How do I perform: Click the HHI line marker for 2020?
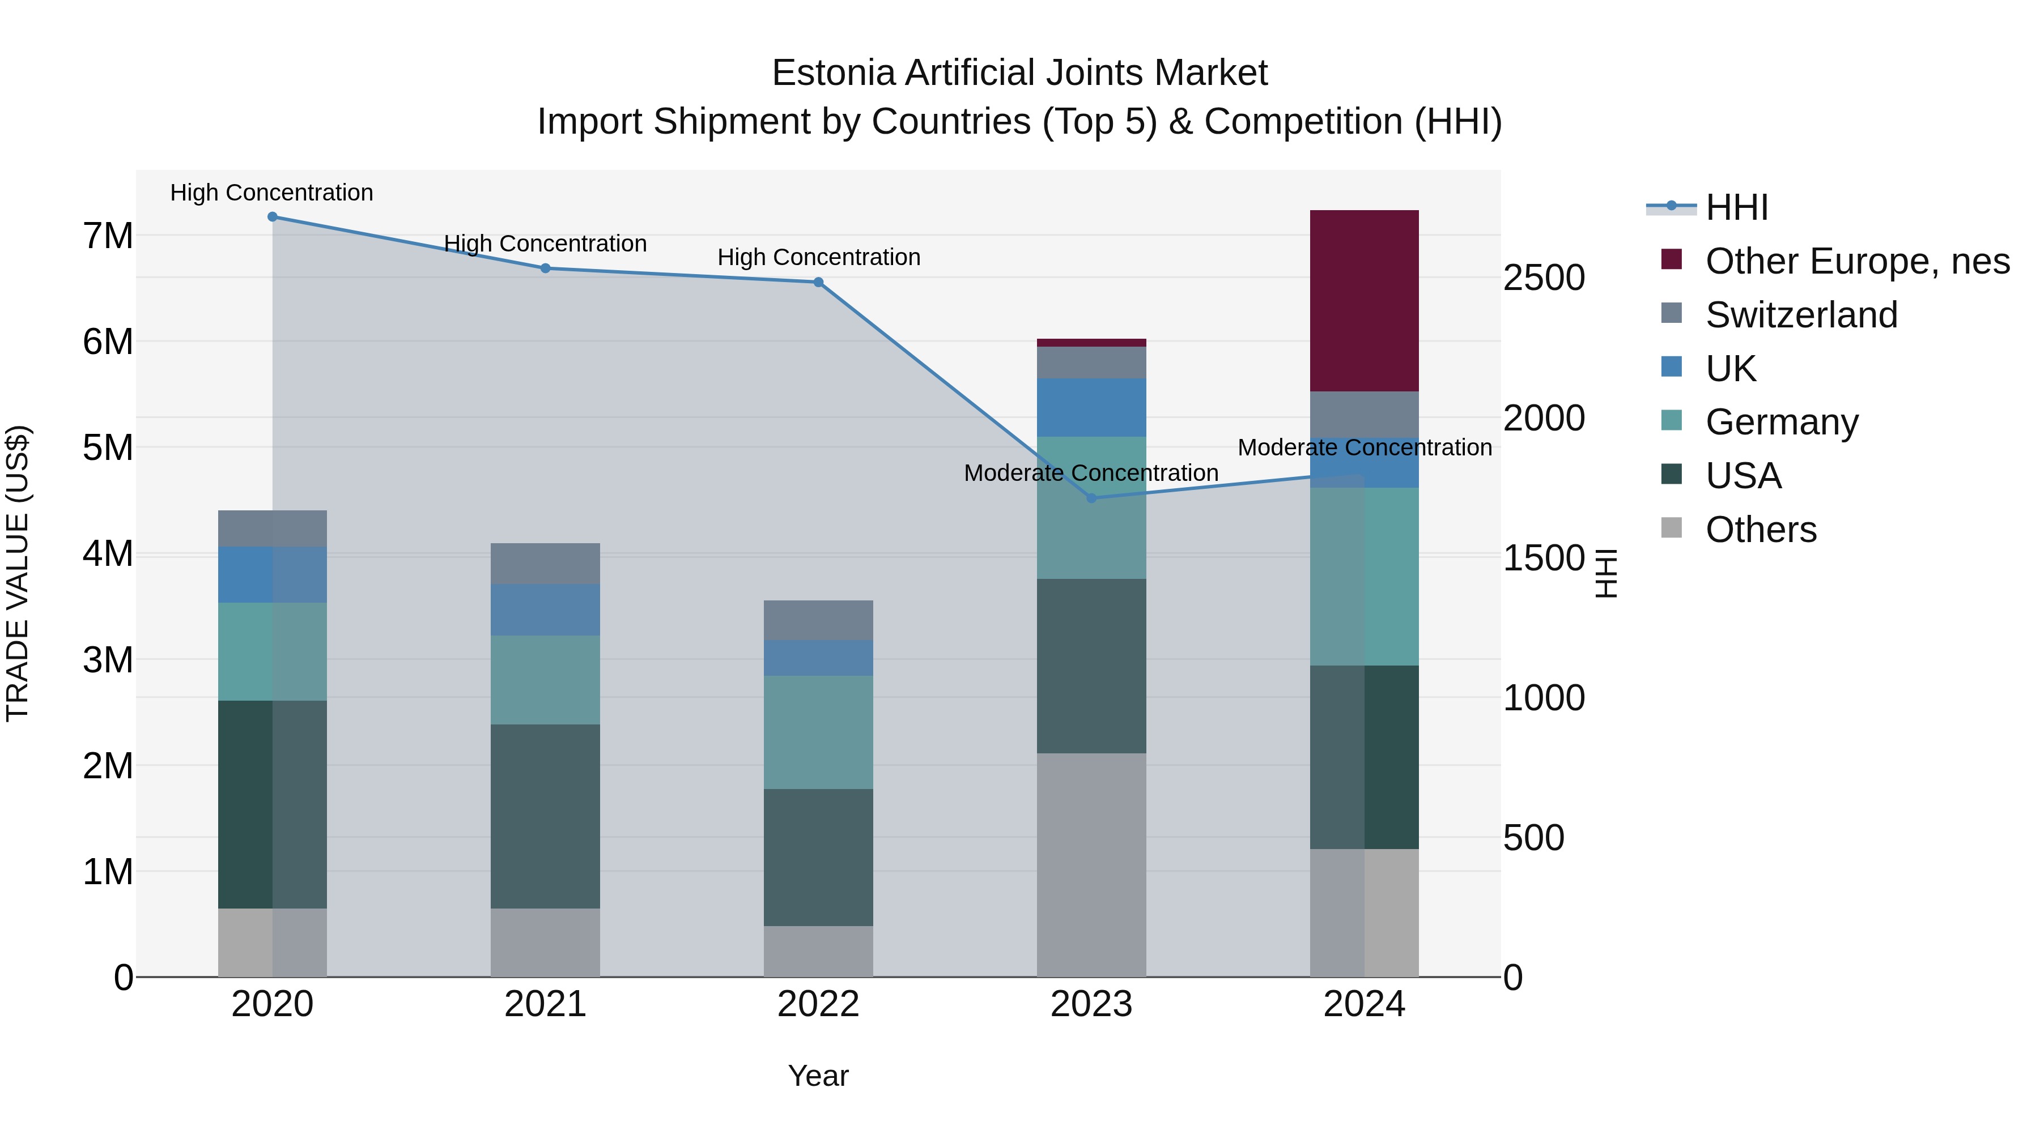(273, 217)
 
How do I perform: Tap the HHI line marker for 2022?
(818, 283)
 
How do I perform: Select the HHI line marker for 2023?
(1091, 498)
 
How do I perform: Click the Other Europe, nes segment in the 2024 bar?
(1364, 301)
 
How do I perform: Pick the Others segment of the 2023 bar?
(1091, 864)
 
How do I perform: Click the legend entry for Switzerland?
(1801, 315)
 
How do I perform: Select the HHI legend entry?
(1736, 207)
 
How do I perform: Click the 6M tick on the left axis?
(108, 342)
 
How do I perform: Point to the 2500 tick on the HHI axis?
(1544, 278)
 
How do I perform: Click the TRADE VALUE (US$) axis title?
(18, 573)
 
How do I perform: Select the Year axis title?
(818, 1076)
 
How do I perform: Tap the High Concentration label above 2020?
(271, 193)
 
